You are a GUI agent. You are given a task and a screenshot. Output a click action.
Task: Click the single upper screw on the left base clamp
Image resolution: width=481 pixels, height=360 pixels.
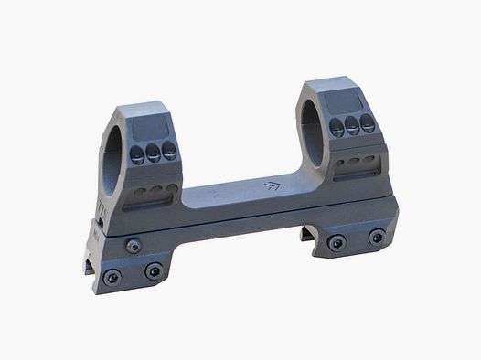click(x=134, y=243)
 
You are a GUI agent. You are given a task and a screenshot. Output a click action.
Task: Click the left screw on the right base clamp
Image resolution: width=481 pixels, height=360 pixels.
click(x=337, y=241)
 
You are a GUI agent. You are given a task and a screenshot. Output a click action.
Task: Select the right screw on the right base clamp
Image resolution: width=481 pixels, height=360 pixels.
click(x=376, y=236)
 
